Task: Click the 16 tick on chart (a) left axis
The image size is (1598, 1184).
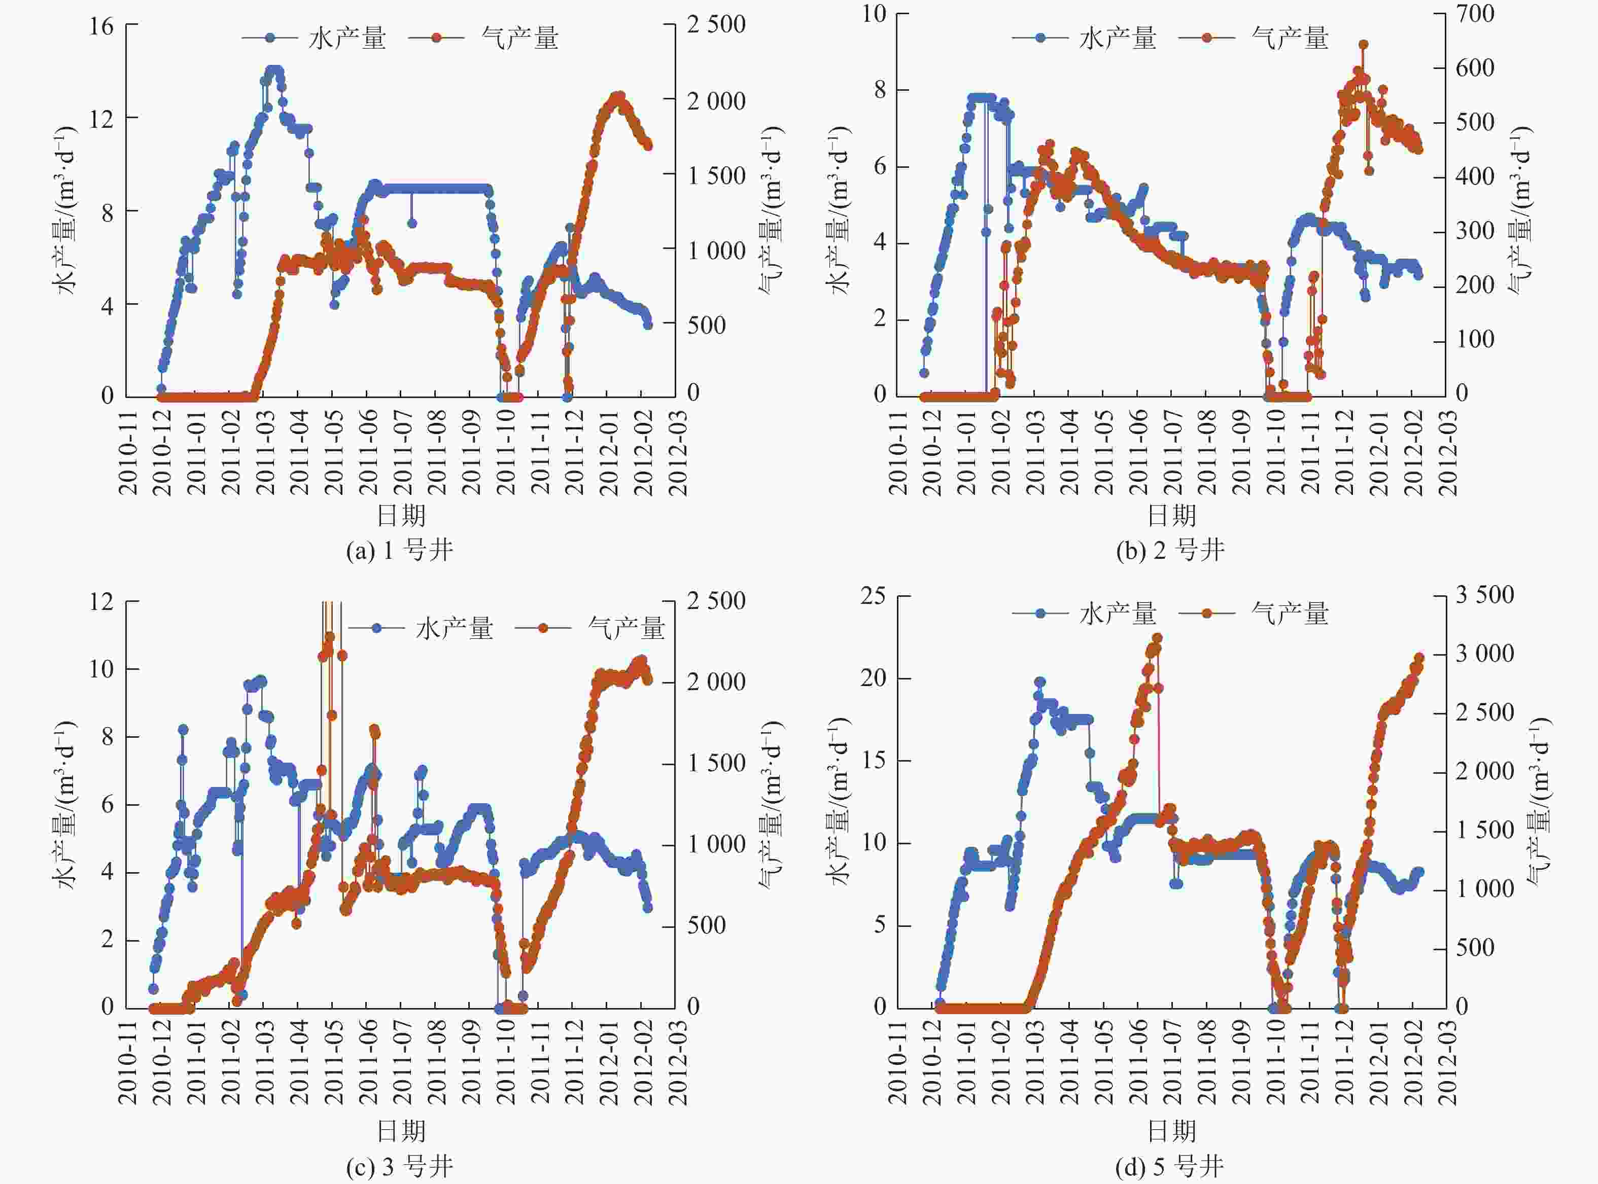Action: (x=101, y=26)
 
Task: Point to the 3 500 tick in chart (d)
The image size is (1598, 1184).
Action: (x=1484, y=595)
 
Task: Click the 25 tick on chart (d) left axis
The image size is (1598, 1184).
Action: (x=873, y=596)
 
